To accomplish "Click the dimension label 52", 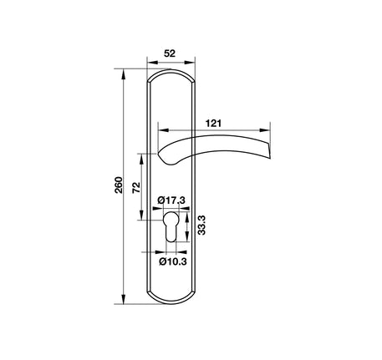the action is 170,53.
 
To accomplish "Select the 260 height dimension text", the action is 119,185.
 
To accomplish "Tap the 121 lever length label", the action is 213,123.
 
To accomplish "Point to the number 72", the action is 136,188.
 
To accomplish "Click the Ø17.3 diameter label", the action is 171,200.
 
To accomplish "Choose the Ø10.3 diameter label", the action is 173,261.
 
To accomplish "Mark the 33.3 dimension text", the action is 201,225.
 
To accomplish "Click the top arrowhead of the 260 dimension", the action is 123,74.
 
